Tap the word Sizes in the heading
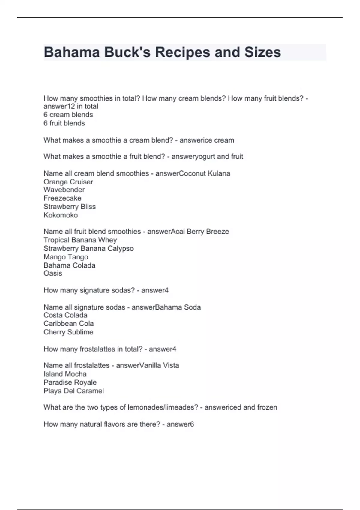coord(262,52)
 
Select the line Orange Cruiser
coord(68,182)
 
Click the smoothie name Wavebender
coord(64,190)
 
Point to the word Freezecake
coord(62,198)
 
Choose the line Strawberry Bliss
coord(70,207)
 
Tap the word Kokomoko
coord(61,215)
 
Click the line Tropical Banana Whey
coord(80,240)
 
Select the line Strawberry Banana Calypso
coord(88,248)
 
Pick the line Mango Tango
coord(66,257)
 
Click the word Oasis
coord(53,273)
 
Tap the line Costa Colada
coord(65,315)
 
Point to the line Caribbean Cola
coord(68,324)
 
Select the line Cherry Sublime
coord(68,332)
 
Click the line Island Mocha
coord(65,374)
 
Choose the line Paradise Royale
coord(70,382)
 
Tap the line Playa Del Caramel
coord(73,391)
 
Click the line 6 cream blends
coord(68,115)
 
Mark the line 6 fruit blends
coord(64,123)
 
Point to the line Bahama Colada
coord(69,265)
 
